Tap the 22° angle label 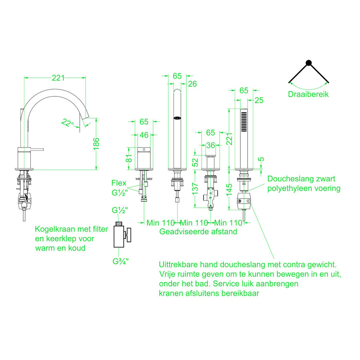[68, 123]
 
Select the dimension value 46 [144, 135]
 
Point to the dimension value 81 [129, 158]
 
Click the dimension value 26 [192, 84]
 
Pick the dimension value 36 [210, 145]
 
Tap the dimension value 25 [259, 100]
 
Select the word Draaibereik [308, 95]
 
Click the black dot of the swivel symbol [308, 62]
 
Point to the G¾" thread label [120, 262]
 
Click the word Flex [119, 183]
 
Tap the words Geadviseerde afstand [198, 232]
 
